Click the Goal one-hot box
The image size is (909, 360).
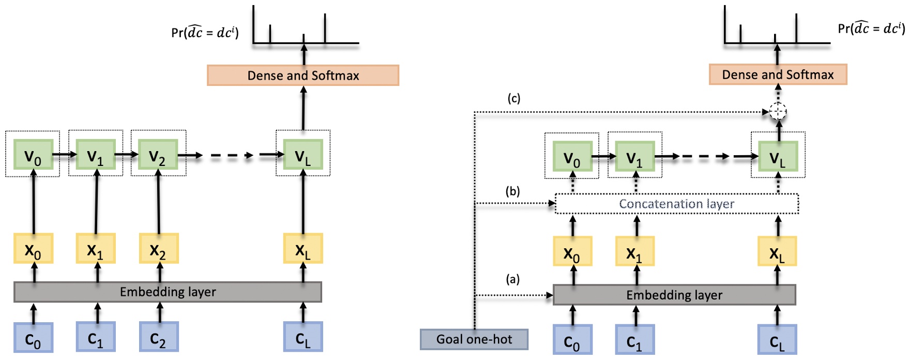pos(474,339)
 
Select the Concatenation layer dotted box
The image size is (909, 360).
pos(676,204)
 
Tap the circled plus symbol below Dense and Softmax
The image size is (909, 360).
pos(778,111)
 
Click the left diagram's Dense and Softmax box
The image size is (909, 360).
pos(303,76)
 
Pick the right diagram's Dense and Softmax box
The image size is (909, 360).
pos(778,75)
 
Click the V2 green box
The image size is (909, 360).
pos(158,155)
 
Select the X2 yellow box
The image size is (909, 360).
pos(158,249)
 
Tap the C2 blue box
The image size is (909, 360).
pos(159,337)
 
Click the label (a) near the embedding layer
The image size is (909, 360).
pos(512,279)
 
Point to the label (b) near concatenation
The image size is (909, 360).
pos(512,191)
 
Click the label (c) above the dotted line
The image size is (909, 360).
pos(513,98)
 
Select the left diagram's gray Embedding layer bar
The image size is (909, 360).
pos(168,292)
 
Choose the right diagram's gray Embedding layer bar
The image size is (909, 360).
pos(674,295)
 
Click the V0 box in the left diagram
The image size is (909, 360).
pos(33,155)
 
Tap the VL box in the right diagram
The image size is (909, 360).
pos(778,157)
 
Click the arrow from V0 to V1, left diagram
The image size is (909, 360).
pos(64,154)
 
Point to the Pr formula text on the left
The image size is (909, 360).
pos(205,32)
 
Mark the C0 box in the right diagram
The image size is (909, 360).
pos(572,340)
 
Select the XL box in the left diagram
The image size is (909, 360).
pos(303,249)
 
